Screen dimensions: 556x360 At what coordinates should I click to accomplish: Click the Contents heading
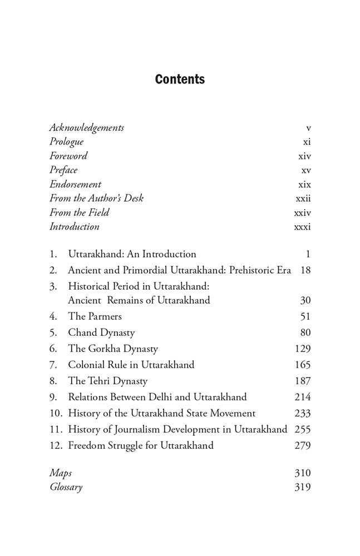(x=180, y=80)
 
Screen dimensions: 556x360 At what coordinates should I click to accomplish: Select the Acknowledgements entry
(x=86, y=128)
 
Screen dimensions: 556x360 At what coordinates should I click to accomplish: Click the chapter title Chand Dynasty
(x=101, y=333)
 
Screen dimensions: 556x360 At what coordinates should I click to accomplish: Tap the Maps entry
(x=61, y=473)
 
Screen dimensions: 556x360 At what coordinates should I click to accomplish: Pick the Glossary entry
(x=66, y=488)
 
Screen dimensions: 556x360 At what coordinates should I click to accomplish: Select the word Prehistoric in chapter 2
(x=247, y=270)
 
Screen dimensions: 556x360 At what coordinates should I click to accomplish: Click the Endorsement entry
(x=75, y=184)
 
